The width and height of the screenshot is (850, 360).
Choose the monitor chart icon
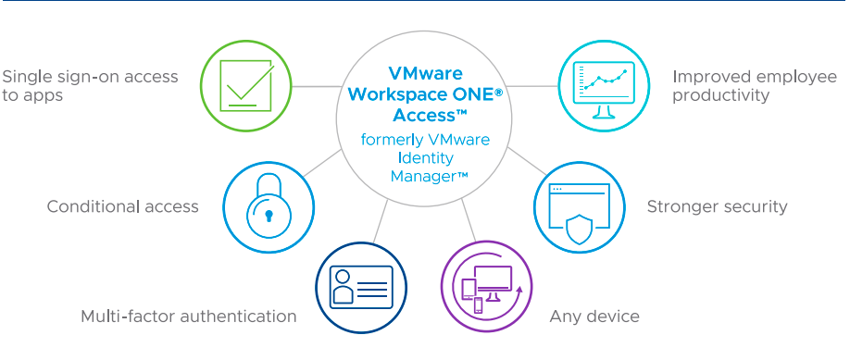point(603,85)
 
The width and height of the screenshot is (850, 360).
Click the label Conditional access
point(123,206)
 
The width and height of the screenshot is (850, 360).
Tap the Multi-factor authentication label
point(189,317)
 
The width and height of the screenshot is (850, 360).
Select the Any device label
point(594,317)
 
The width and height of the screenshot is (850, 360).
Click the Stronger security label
point(717,206)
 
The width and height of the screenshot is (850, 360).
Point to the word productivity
point(720,95)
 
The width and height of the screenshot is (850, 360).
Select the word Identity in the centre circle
point(425,158)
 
